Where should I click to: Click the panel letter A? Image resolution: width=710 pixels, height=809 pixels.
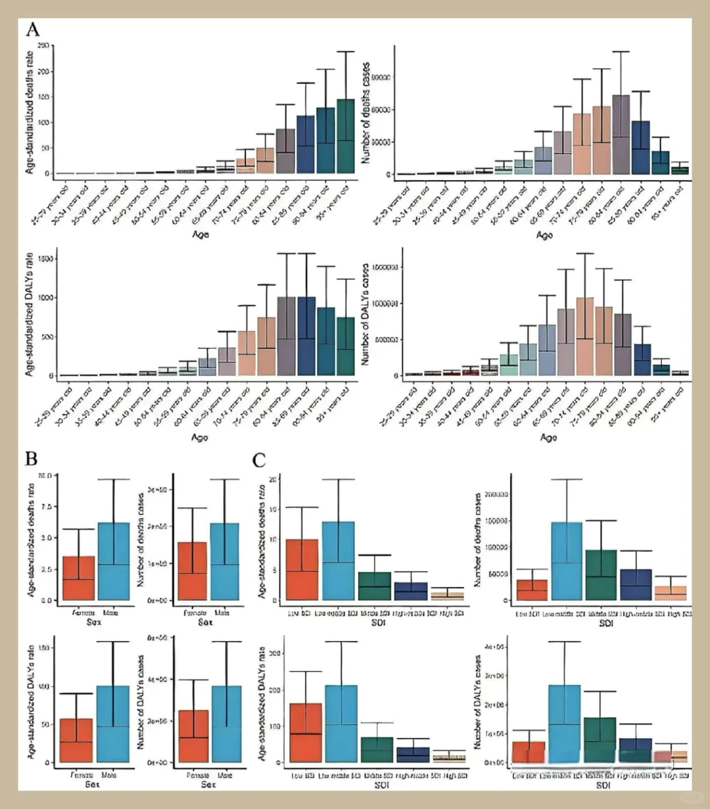[32, 30]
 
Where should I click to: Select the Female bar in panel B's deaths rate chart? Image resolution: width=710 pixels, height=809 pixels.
[78, 578]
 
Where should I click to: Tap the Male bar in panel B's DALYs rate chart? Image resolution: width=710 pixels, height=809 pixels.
[112, 724]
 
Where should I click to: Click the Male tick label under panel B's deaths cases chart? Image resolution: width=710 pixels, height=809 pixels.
[223, 611]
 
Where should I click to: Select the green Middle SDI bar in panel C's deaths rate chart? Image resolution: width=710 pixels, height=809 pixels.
[373, 586]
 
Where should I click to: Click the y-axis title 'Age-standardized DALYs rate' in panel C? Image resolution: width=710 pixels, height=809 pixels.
[262, 700]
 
